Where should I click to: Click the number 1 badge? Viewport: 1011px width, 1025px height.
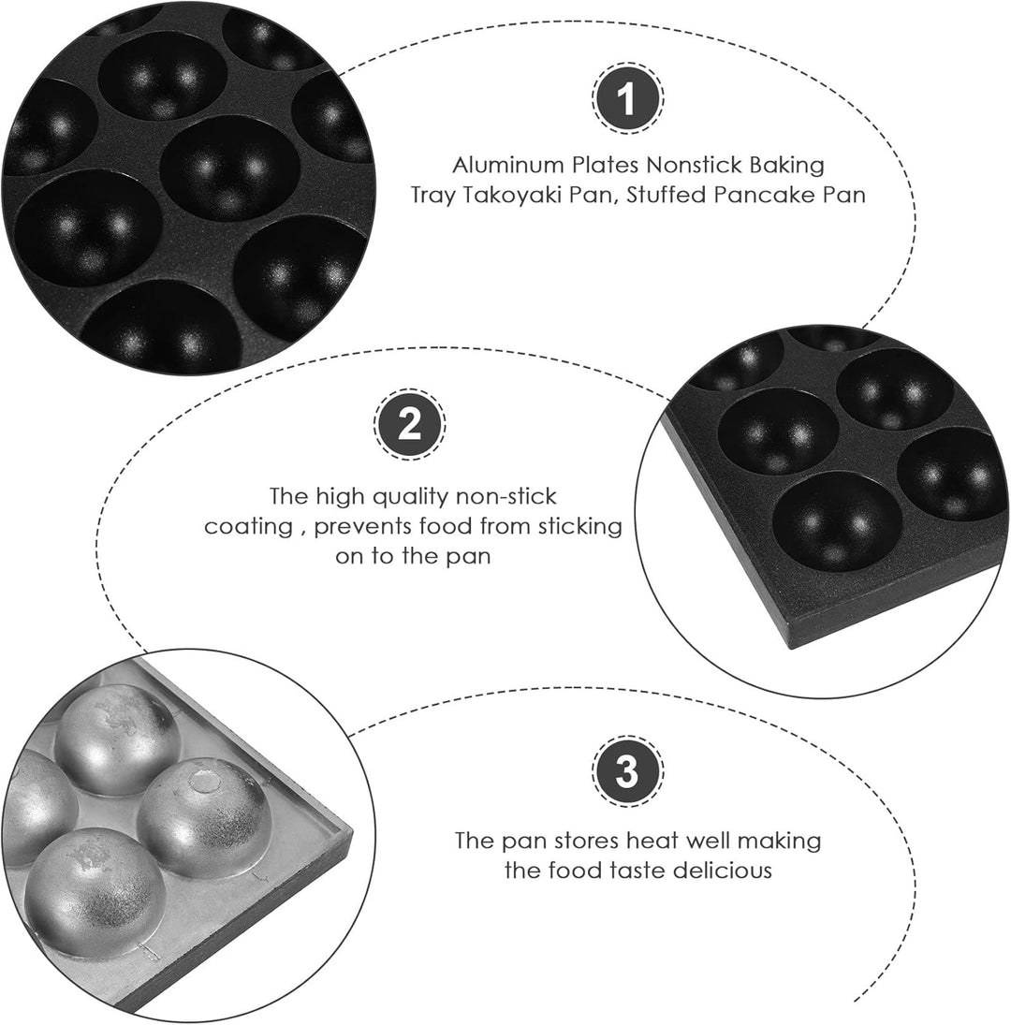tap(627, 98)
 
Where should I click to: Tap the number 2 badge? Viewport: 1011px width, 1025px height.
tap(410, 425)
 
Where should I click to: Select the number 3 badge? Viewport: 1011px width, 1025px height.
tap(627, 770)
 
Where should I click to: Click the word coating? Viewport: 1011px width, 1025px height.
tap(248, 527)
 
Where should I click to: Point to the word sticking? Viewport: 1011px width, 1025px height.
tap(580, 527)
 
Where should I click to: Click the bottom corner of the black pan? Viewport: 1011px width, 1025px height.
tap(789, 646)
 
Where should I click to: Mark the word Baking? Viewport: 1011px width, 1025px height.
tap(787, 166)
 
